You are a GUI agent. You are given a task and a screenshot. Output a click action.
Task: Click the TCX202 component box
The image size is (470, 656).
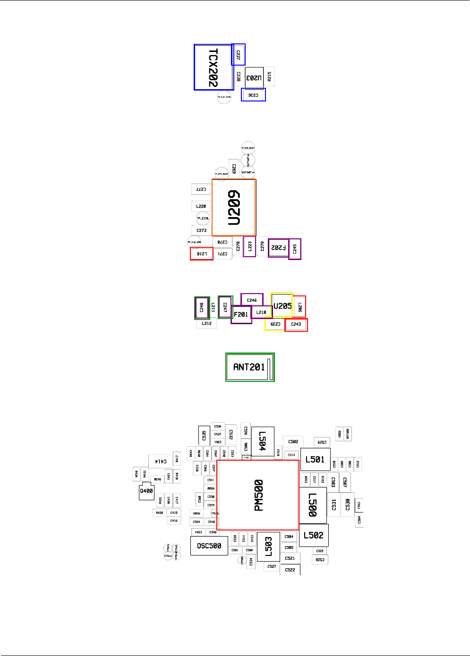point(214,67)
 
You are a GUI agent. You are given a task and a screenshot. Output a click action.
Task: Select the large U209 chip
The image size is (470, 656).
point(234,207)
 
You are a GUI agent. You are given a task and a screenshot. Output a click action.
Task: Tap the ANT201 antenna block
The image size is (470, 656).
point(250,367)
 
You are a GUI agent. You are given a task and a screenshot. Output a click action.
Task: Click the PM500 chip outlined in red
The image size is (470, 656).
point(258,495)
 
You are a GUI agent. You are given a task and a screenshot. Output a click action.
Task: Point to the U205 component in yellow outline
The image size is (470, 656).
point(282,305)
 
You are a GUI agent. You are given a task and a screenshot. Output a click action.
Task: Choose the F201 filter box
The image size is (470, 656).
point(241,314)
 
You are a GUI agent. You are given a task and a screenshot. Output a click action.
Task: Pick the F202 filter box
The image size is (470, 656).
point(278,248)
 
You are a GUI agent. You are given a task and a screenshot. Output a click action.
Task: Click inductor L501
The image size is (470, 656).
point(315,459)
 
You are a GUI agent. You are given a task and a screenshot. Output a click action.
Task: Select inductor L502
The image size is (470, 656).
point(314,535)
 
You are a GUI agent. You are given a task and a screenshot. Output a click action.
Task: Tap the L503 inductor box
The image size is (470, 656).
point(268,547)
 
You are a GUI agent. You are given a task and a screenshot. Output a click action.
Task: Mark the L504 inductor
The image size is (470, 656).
point(263,441)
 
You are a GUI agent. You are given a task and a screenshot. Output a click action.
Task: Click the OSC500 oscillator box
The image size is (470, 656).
point(209,546)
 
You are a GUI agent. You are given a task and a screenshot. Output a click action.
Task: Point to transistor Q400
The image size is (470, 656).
point(146,491)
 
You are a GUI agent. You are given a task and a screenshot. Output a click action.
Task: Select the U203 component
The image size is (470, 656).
point(254,78)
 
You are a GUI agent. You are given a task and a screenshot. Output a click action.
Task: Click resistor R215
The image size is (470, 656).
point(269,76)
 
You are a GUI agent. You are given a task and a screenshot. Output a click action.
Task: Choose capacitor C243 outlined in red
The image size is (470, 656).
point(296,324)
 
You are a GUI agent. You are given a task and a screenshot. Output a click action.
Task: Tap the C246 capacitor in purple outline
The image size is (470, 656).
point(252,300)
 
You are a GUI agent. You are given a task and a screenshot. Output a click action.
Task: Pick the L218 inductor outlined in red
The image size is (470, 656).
point(202,254)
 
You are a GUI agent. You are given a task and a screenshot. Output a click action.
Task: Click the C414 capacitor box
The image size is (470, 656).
point(161,461)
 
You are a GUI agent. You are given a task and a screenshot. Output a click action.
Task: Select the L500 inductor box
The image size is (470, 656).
point(313,505)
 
